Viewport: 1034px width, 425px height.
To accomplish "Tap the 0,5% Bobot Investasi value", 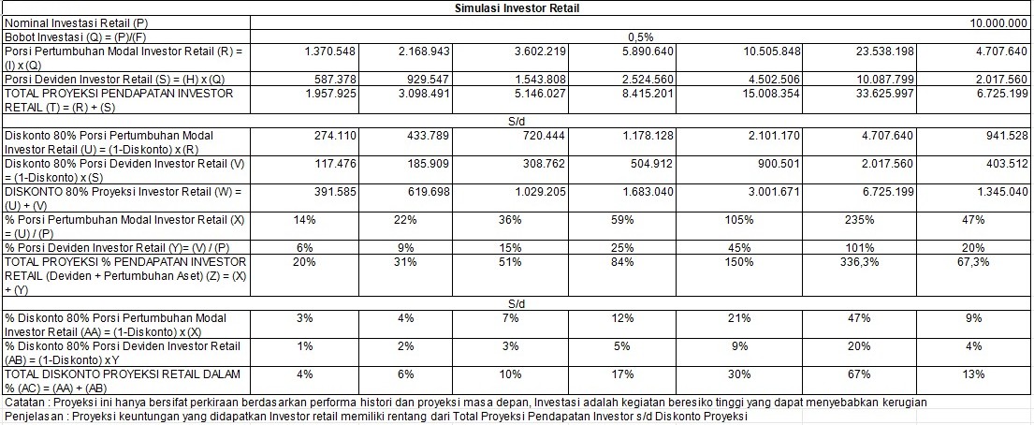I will pos(641,36).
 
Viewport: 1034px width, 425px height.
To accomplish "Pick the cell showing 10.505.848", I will pos(737,50).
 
